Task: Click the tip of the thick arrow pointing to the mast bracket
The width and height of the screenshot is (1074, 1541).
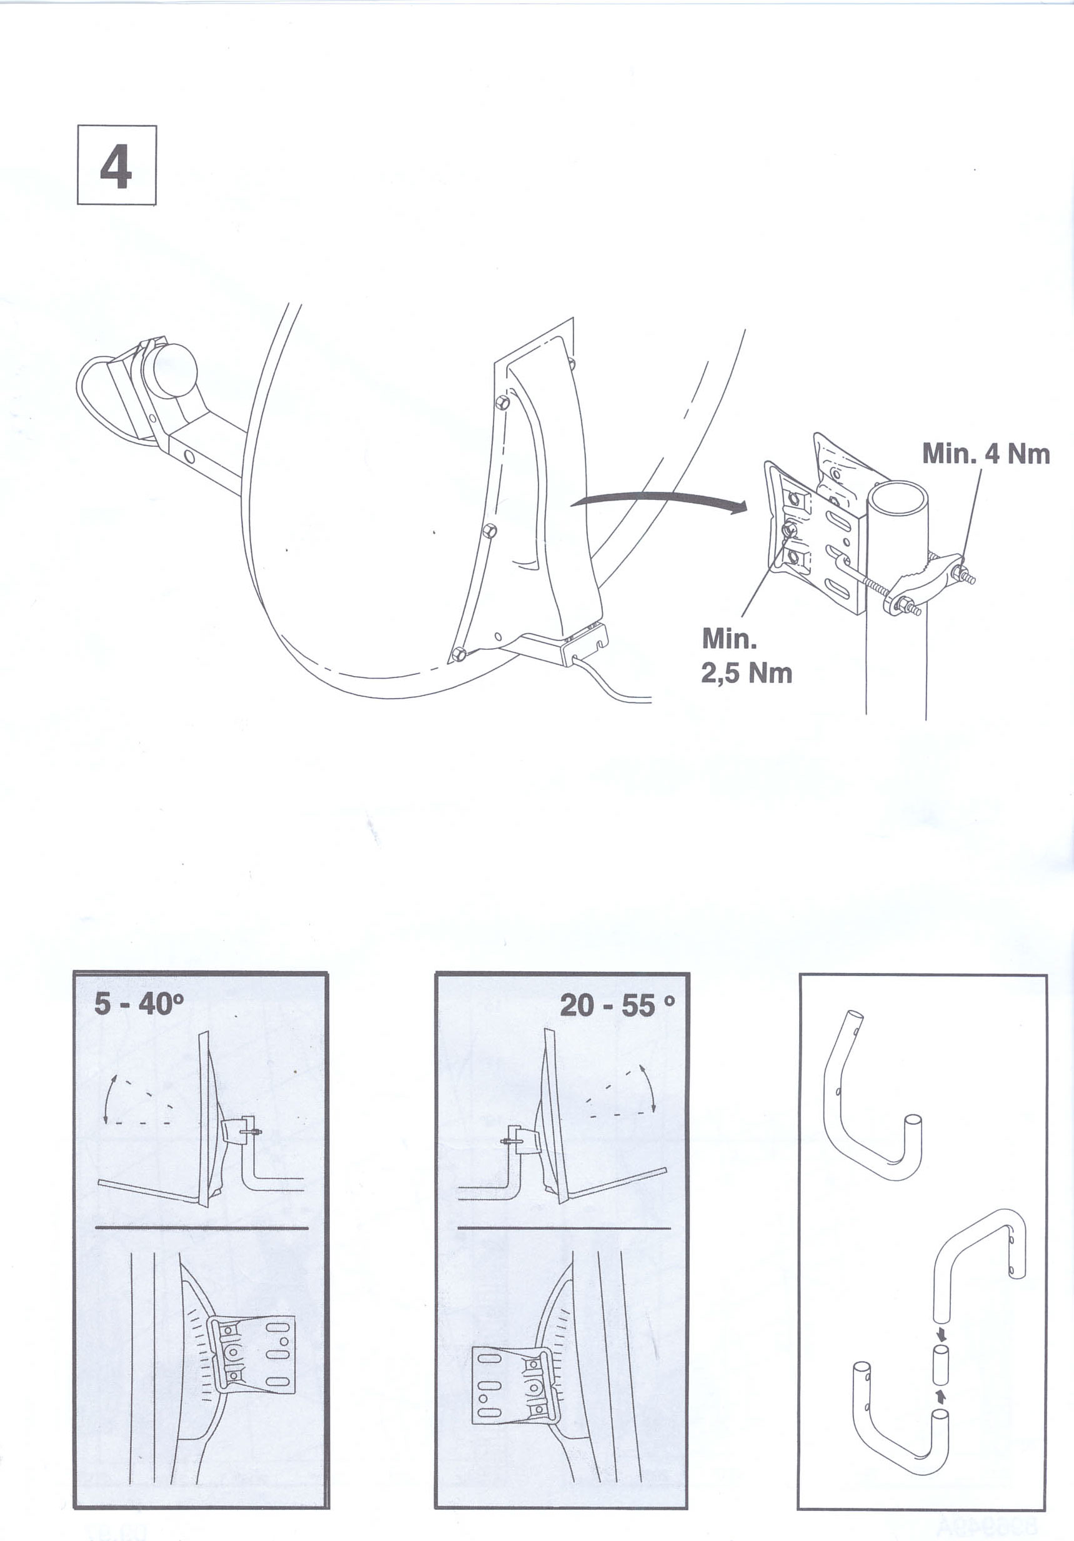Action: pyautogui.click(x=748, y=508)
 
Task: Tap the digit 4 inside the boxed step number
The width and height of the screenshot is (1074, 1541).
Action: pyautogui.click(x=116, y=165)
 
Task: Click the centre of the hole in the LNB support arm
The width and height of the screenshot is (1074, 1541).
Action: pyautogui.click(x=190, y=457)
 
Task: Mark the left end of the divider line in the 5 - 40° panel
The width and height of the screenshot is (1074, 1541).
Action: pyautogui.click(x=96, y=1228)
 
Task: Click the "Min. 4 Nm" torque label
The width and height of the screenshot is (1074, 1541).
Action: pyautogui.click(x=986, y=454)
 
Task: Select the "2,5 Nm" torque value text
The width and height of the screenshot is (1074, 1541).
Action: pyautogui.click(x=747, y=673)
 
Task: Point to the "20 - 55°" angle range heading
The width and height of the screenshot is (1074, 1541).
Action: pyautogui.click(x=617, y=1005)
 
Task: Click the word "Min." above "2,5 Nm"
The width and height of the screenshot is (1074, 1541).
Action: pyautogui.click(x=729, y=639)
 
